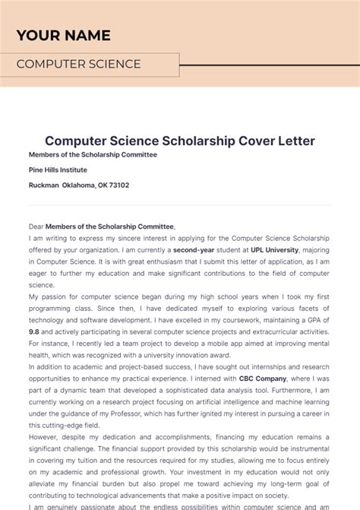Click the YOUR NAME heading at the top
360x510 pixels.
63,36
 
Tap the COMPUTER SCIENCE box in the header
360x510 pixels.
90,65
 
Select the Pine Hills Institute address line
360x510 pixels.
58,169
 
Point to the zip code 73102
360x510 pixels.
118,185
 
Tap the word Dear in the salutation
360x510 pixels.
36,226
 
